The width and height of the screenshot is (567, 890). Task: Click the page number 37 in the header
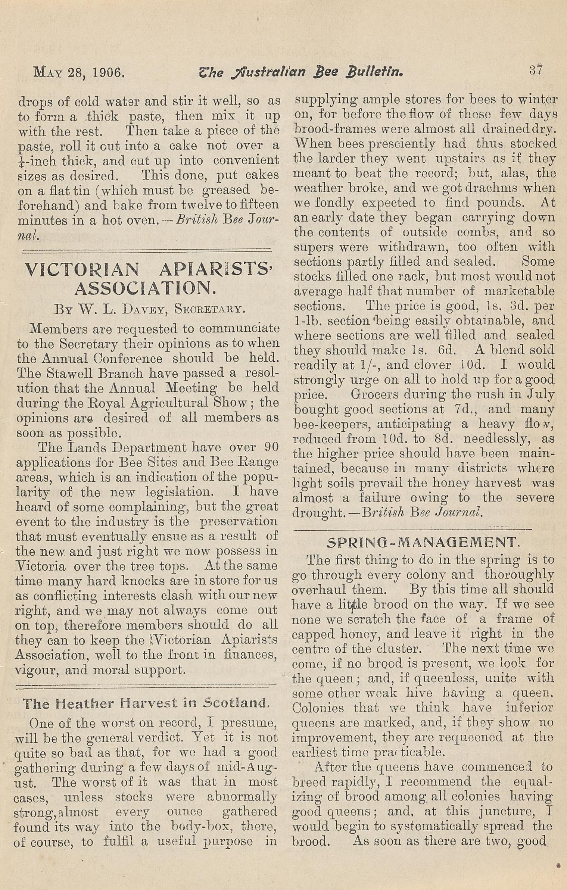pos(536,70)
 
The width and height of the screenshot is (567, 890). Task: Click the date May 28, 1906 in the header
pos(79,72)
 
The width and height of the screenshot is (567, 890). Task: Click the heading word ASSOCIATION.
pos(146,288)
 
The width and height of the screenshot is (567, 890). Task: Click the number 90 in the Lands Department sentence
pos(271,447)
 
